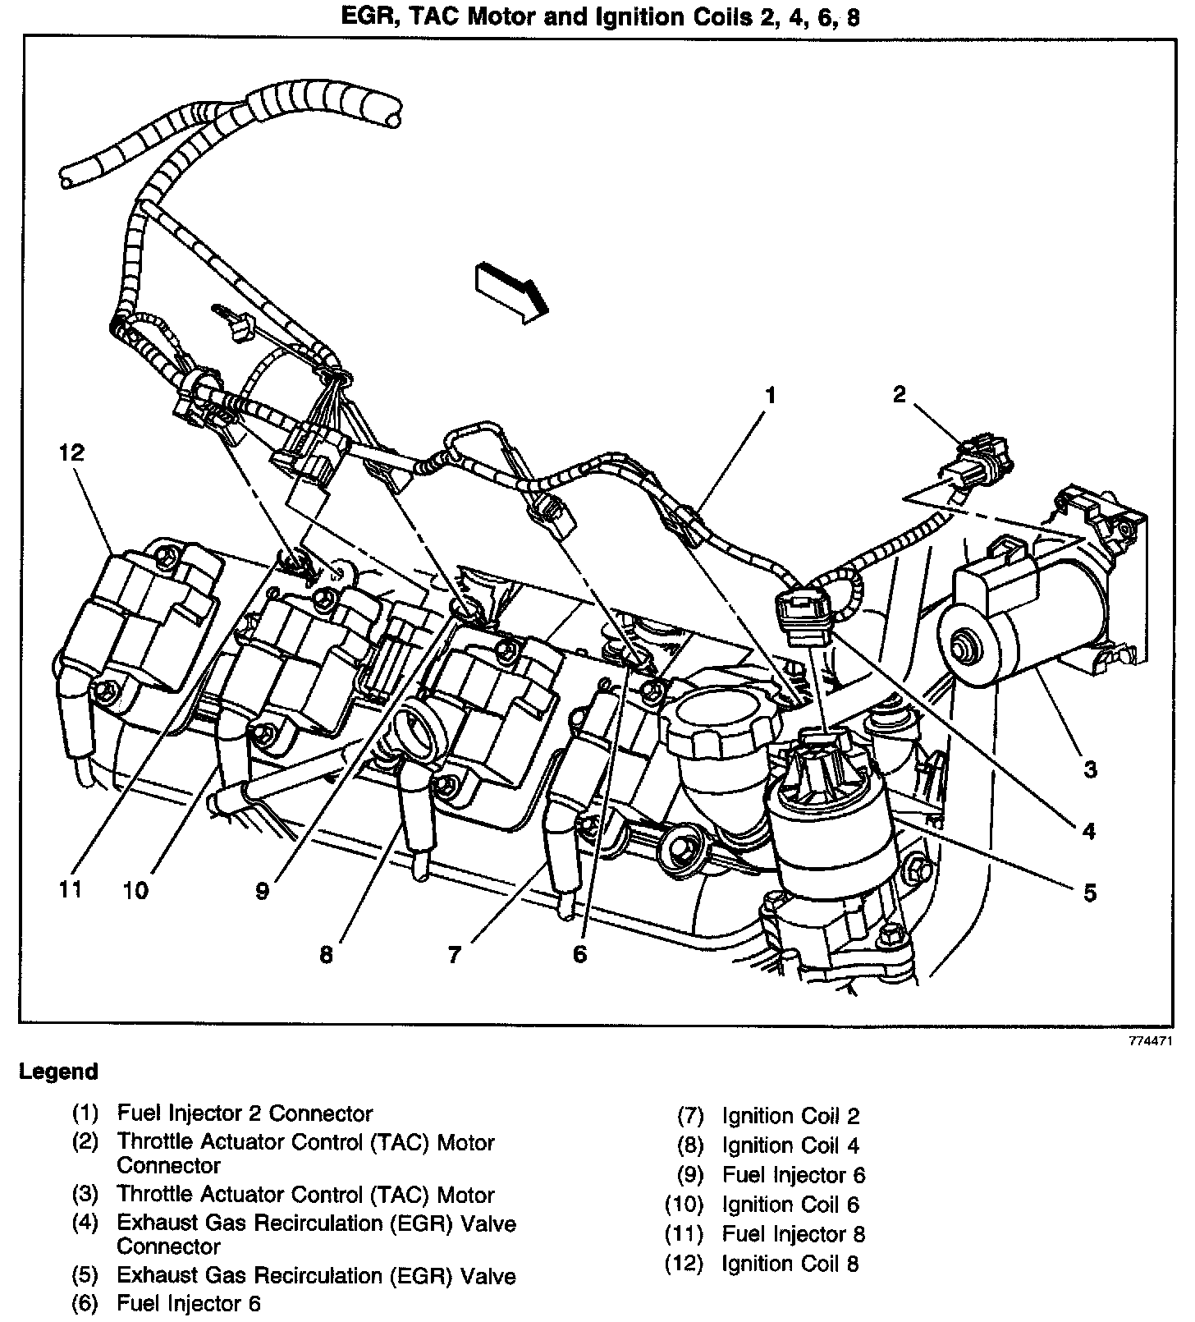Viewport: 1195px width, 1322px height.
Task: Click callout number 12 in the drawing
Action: click(71, 453)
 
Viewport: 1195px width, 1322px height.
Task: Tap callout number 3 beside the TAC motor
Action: click(1089, 769)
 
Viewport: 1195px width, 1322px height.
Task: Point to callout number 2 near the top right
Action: click(900, 395)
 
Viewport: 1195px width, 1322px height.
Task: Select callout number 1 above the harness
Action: click(770, 395)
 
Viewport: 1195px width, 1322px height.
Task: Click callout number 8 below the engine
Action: click(327, 955)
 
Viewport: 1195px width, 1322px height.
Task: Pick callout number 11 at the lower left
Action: click(71, 889)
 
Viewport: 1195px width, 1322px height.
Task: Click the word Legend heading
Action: click(58, 1072)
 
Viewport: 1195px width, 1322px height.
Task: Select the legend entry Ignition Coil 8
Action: click(790, 1264)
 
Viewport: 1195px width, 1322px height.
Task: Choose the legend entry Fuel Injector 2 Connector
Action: click(245, 1113)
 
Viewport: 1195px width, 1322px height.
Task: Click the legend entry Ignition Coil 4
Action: click(790, 1145)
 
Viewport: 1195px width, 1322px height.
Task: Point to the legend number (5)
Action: click(85, 1276)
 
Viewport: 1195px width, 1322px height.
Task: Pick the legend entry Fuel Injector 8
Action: click(793, 1234)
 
